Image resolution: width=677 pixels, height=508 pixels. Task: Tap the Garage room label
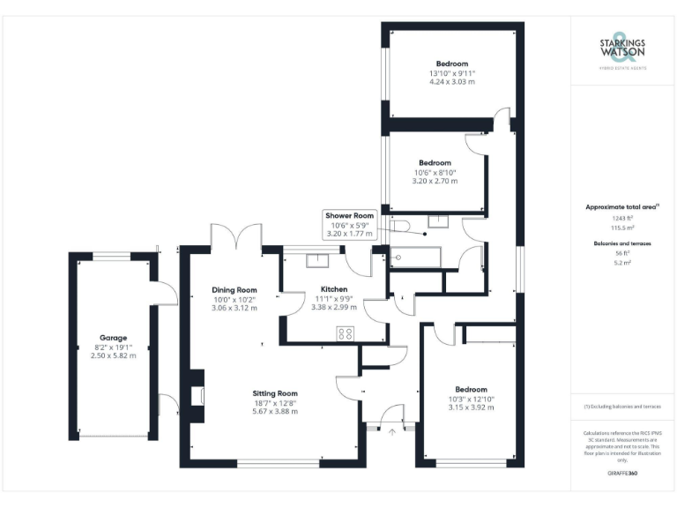point(113,338)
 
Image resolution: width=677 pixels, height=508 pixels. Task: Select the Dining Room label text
point(234,289)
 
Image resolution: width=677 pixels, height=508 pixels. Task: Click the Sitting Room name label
point(275,393)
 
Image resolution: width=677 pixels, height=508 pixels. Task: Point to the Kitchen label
point(334,289)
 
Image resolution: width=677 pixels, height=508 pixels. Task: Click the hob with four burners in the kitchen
point(346,333)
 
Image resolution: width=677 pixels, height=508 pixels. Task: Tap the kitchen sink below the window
point(317,259)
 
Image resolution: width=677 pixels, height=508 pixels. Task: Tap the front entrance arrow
point(392,432)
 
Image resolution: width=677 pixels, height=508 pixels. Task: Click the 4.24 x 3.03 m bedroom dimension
point(452,81)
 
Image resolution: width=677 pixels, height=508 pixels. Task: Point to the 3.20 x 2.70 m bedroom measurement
point(435,181)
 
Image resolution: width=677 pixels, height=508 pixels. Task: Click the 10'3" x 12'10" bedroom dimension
point(471,399)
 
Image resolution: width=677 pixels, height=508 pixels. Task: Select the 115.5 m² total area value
point(622,226)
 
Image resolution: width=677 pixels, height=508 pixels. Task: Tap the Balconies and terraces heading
point(622,243)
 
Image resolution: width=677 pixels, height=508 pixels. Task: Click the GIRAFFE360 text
point(622,474)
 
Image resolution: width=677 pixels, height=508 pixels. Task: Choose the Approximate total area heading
point(622,206)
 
